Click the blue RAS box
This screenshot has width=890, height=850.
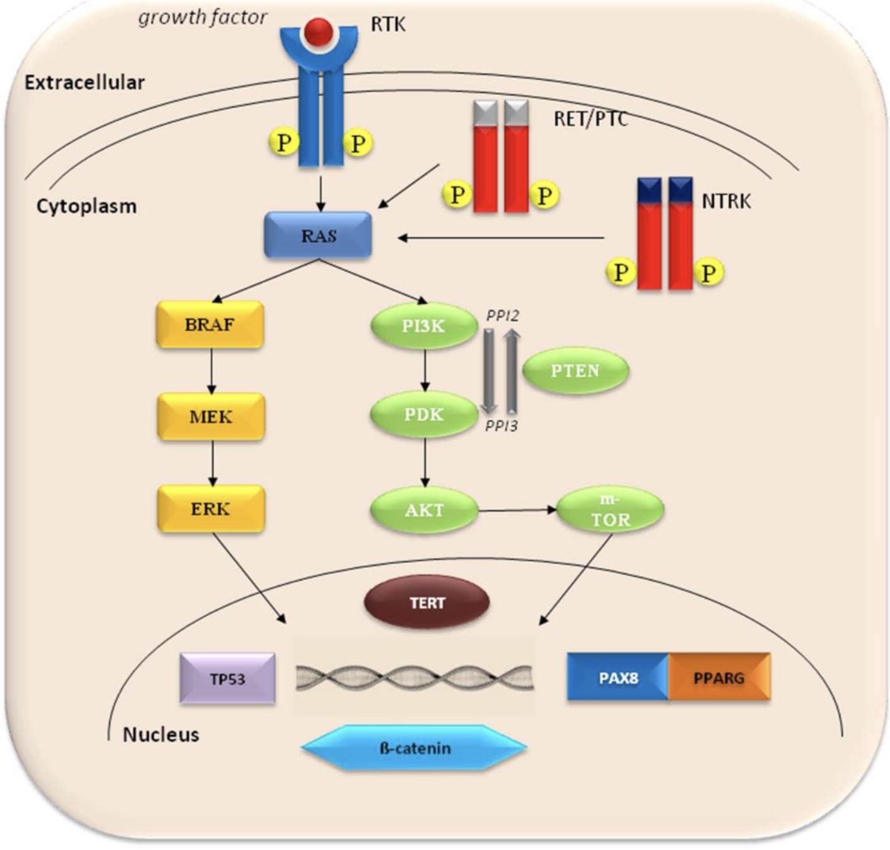[x=318, y=235]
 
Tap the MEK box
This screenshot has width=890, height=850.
[x=210, y=417]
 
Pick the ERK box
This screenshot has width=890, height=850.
[x=210, y=508]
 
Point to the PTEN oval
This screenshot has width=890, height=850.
[x=576, y=370]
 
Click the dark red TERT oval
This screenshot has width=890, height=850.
[x=426, y=603]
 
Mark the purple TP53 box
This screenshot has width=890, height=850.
[x=227, y=678]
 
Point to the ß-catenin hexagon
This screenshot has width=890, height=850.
[x=414, y=747]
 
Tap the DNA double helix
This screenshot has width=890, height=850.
[x=414, y=678]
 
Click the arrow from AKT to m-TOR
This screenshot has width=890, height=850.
[x=518, y=510]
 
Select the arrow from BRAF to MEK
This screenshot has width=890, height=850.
[x=210, y=371]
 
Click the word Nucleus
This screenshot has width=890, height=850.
[x=161, y=734]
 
